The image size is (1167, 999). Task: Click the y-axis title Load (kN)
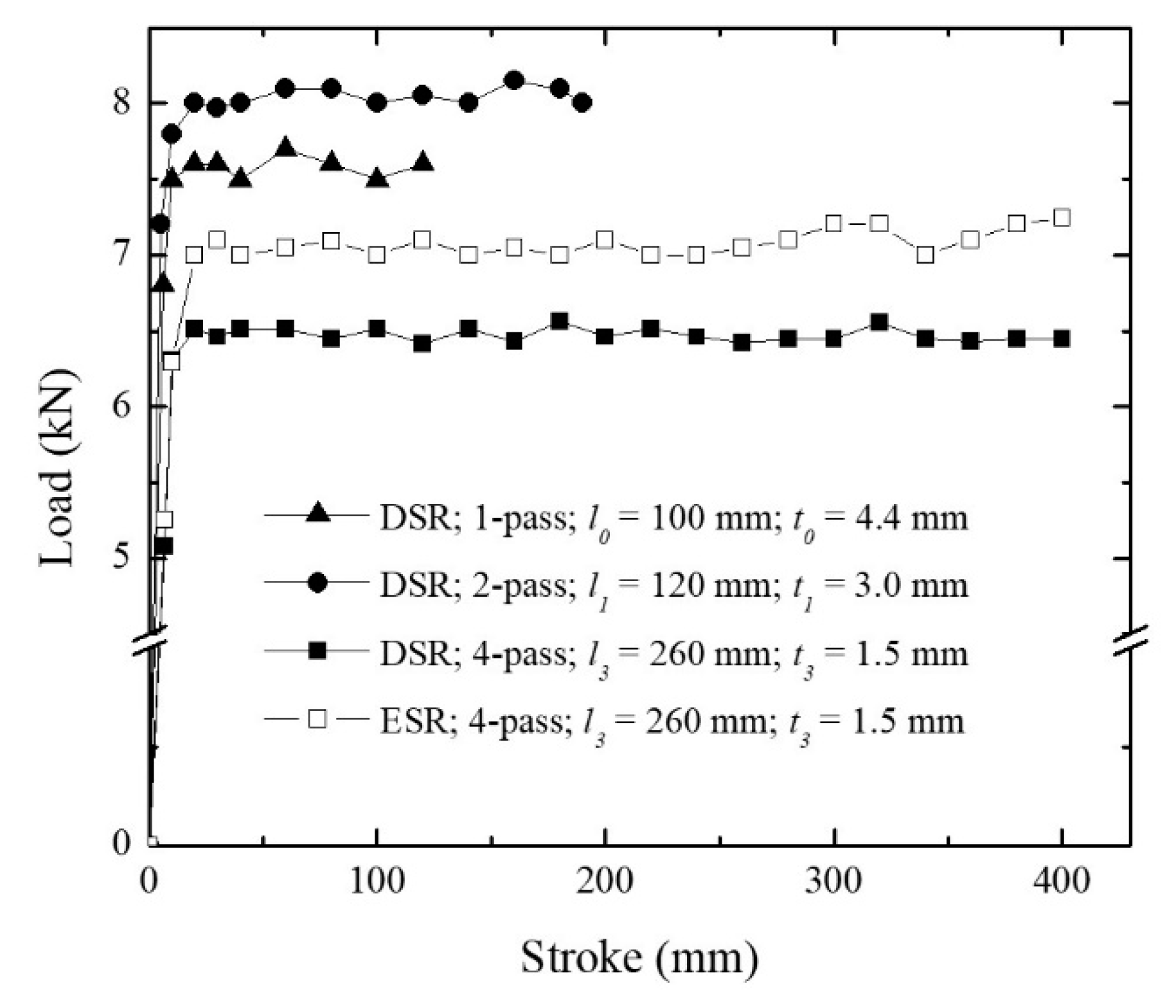coord(59,468)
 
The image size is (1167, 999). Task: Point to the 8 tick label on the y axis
coord(122,103)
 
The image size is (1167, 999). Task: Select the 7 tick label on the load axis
coord(122,255)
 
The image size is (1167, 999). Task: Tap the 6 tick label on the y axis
coord(122,406)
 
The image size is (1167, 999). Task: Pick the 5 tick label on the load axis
coord(122,557)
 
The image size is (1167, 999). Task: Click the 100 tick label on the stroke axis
coord(377,881)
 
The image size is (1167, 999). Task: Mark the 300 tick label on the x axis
coord(833,881)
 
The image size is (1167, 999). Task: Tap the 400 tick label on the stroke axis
coord(1062,881)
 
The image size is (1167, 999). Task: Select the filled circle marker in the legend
coord(317,583)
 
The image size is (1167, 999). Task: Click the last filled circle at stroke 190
coord(582,103)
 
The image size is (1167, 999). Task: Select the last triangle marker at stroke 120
coord(423,162)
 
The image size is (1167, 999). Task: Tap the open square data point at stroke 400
coord(1062,218)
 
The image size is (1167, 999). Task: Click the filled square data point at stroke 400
coord(1062,339)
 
